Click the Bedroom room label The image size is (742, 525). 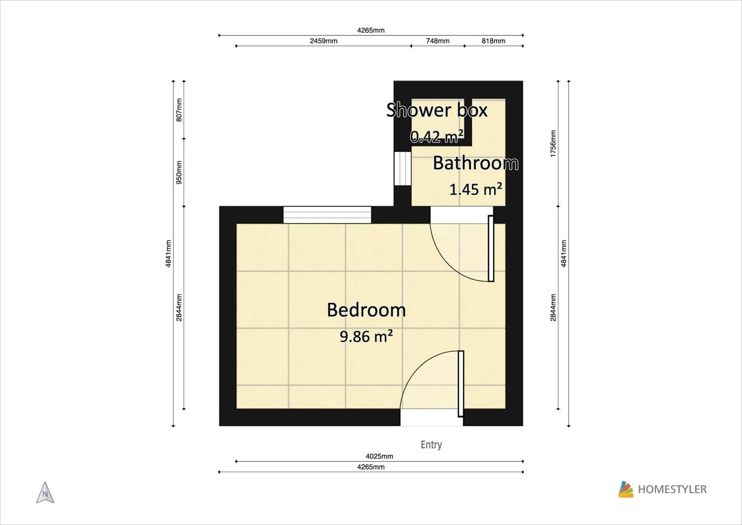[366, 310]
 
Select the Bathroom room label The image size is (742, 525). [475, 163]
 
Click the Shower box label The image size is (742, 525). [437, 111]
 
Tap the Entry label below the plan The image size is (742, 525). [431, 445]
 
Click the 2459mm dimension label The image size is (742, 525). [324, 41]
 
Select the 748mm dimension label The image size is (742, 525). [438, 41]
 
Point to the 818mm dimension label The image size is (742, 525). [493, 41]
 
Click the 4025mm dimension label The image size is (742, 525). [379, 456]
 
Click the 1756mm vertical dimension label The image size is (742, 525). [553, 144]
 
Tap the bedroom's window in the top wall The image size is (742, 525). [327, 215]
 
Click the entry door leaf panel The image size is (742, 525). [461, 384]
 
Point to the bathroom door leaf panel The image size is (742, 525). [490, 249]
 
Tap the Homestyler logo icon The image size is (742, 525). [626, 489]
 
